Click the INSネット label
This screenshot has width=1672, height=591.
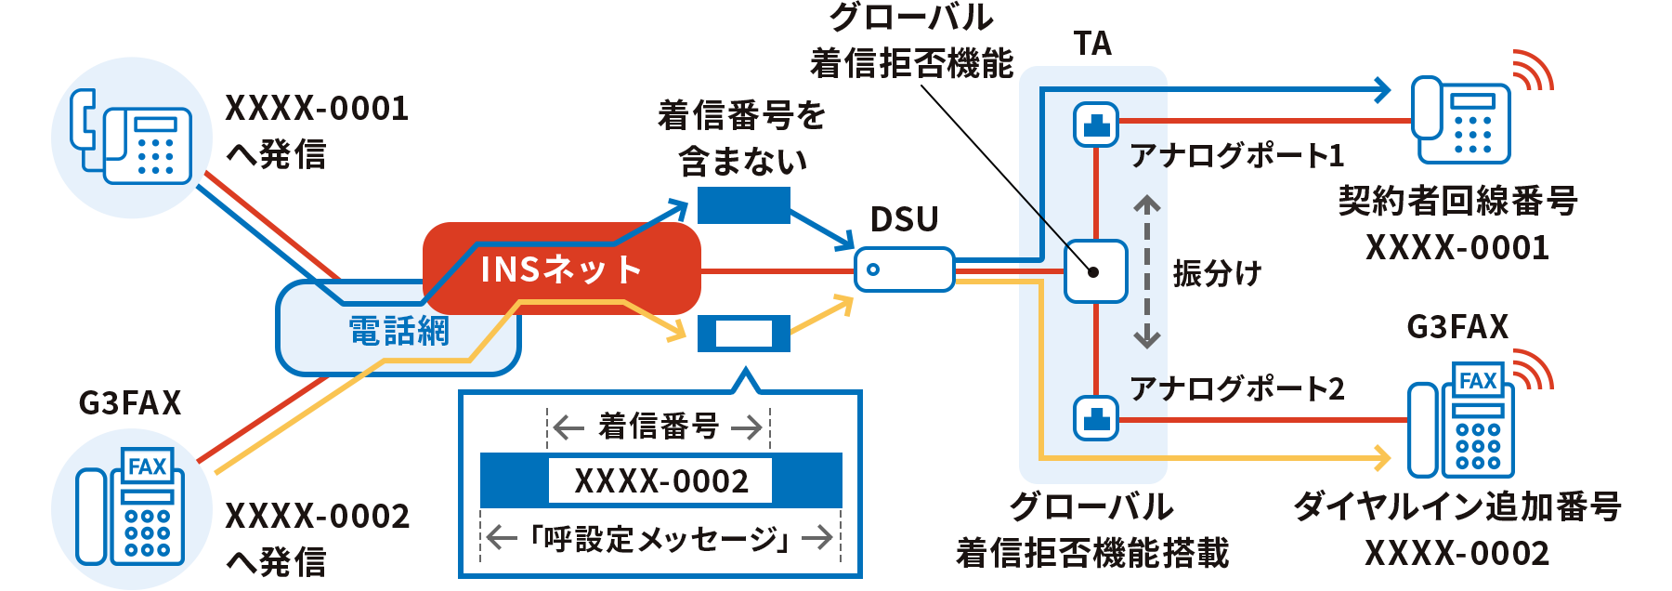[561, 269]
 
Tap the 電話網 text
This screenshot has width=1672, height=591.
[398, 331]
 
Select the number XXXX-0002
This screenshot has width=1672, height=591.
[660, 481]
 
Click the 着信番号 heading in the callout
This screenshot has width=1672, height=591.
[659, 427]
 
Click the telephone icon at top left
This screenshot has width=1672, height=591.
[132, 138]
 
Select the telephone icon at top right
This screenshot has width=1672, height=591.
[1460, 121]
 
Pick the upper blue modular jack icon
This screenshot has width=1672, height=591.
[1096, 124]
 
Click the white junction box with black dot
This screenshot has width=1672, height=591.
[1095, 271]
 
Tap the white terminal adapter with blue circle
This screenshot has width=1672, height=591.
[904, 269]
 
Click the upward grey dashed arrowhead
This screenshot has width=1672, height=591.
[1147, 203]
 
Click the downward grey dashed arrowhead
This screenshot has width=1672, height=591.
[1147, 339]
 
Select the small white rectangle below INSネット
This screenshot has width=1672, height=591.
[743, 334]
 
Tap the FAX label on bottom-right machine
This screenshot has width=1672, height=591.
[1477, 381]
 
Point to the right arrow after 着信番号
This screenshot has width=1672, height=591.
[747, 427]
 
